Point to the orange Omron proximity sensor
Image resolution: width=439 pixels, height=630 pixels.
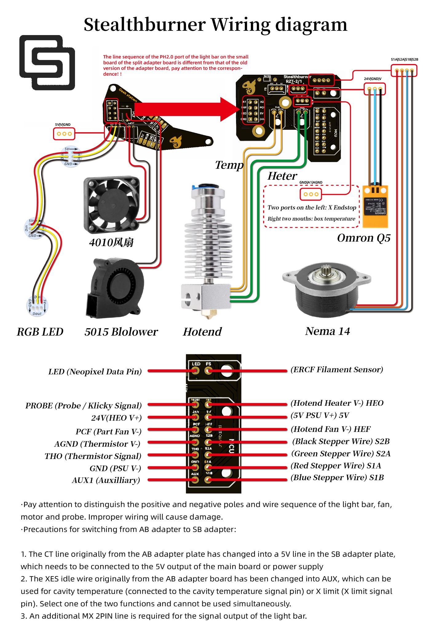(x=375, y=206)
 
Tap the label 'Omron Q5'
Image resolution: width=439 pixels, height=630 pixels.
(x=364, y=238)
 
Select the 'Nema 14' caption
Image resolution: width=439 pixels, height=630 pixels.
(x=327, y=331)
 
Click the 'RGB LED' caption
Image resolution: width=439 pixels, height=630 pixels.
(x=40, y=332)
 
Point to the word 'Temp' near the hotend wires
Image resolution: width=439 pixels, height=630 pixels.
(x=229, y=165)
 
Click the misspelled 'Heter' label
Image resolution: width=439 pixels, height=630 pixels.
(x=282, y=176)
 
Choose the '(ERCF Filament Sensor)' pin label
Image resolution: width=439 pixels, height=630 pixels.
(x=337, y=369)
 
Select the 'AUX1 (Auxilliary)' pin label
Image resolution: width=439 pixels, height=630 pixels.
(x=106, y=480)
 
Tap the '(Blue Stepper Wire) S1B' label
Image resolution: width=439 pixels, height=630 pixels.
(x=337, y=477)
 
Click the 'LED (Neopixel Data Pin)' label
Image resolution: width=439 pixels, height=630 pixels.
(x=95, y=372)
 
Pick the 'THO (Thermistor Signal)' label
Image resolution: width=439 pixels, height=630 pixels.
(x=93, y=456)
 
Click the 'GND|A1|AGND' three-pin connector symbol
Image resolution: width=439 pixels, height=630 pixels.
(x=311, y=194)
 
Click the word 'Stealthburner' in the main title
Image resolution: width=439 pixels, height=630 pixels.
(x=144, y=25)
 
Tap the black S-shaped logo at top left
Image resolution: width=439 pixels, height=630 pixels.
(x=47, y=62)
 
